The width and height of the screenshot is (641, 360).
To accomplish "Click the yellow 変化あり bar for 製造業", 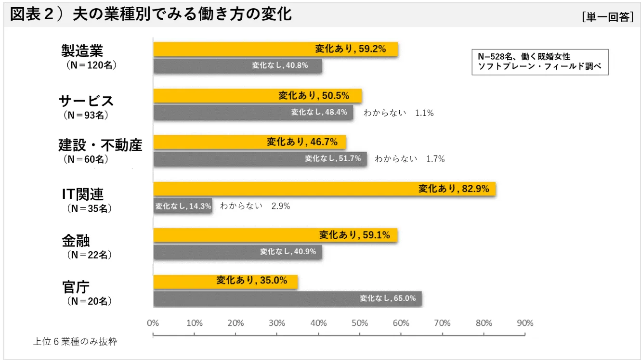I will pos(275,49).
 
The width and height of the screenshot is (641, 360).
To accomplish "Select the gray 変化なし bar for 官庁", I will pos(288,298).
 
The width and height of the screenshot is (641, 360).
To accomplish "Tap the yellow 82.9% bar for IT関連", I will pos(324,189).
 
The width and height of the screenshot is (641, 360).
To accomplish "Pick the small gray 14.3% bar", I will pos(183,206).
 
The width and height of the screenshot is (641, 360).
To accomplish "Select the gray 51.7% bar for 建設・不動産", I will pos(260,159).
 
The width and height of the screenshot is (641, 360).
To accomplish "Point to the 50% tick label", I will pos(360,323).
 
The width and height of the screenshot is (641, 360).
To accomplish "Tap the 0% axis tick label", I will pos(153,323).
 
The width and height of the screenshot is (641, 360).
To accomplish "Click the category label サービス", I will pos(86,101).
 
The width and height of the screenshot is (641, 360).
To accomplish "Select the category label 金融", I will pos(76,240).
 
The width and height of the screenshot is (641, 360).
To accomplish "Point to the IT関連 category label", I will pos(82,194).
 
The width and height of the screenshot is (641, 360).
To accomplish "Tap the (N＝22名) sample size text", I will pos(90,255).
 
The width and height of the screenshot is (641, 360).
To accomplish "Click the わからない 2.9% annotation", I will pos(255,206).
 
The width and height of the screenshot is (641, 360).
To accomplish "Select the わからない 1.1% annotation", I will pos(398,113).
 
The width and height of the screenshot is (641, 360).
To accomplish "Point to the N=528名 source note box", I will pos(540,62).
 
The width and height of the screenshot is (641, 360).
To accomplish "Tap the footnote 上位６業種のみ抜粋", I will pos(75,342).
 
